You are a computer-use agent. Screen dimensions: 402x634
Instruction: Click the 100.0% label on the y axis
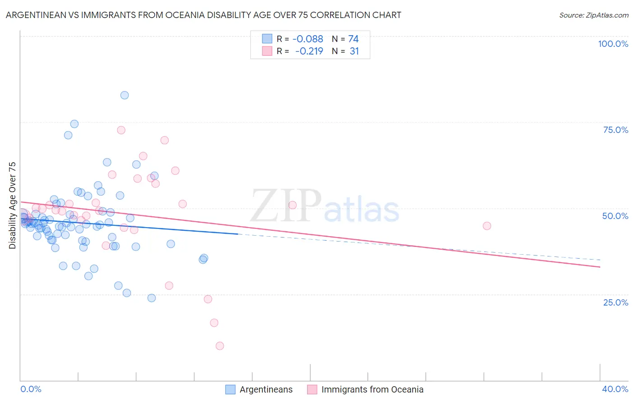tap(613, 44)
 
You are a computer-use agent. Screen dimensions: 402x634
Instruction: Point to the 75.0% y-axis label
tap(616, 130)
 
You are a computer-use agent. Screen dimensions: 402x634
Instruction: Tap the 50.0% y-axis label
tap(615, 216)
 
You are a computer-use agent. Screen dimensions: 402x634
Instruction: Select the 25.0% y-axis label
tap(616, 302)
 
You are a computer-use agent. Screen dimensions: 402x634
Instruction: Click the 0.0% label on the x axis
tap(31, 389)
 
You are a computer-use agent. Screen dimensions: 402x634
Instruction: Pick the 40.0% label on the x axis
tap(615, 389)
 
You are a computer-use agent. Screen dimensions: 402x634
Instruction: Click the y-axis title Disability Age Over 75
tap(13, 206)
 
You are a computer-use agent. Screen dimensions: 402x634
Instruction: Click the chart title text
tap(203, 15)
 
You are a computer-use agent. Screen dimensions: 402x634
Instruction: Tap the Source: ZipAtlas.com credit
tap(593, 15)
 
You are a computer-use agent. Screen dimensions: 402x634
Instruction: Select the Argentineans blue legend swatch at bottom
tap(230, 389)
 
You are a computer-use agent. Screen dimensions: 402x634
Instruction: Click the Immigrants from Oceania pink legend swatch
tap(312, 389)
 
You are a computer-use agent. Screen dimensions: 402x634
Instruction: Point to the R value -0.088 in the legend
tap(308, 39)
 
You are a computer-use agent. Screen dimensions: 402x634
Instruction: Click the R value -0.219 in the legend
tap(309, 51)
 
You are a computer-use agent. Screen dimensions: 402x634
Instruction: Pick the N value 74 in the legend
tap(354, 39)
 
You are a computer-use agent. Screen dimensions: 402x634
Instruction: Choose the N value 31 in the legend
tap(354, 51)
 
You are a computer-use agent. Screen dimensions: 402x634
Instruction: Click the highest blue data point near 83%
tap(124, 95)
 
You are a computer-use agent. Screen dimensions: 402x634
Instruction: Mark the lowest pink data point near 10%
tap(220, 346)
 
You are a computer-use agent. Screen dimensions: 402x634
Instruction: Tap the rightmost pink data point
tap(487, 226)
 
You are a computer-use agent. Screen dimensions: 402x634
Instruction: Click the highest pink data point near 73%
tap(121, 130)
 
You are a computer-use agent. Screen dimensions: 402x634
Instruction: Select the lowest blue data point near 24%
tap(152, 298)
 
